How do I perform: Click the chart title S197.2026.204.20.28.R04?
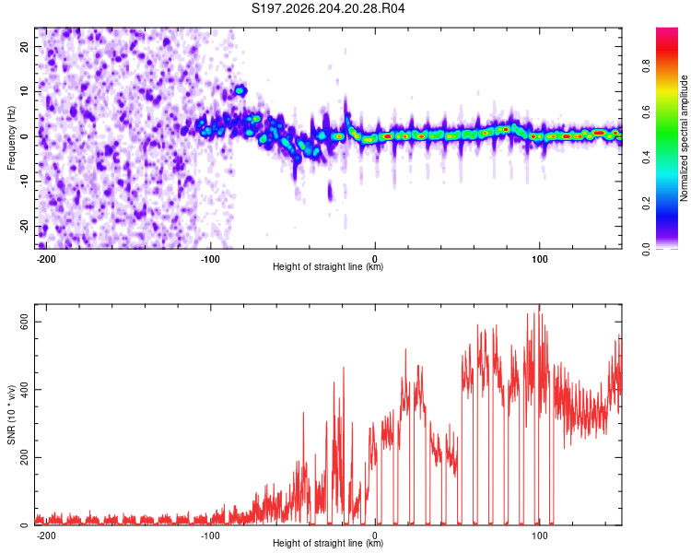pos(328,8)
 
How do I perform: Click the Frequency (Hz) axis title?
pos(11,138)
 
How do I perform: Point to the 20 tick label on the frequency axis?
pos(25,46)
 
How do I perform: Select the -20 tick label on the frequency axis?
pos(25,226)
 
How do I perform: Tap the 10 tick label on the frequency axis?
pos(25,91)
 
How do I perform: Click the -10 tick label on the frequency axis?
pos(25,181)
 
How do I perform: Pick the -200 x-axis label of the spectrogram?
pos(45,259)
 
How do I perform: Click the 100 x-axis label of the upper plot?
pos(539,259)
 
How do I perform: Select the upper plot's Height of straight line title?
pos(328,266)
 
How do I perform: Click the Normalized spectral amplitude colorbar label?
pos(684,138)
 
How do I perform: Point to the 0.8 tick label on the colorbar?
pos(647,66)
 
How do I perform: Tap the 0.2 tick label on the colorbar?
pos(647,204)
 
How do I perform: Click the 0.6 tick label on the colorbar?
pos(647,112)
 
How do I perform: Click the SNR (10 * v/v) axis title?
pos(11,415)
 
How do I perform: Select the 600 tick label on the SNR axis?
pos(25,322)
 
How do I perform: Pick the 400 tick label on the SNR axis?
pos(25,389)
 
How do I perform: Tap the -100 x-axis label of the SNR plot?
pos(210,535)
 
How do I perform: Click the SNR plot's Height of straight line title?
pos(328,543)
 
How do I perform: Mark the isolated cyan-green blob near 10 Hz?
pos(240,91)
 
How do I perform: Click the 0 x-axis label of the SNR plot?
pos(375,535)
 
